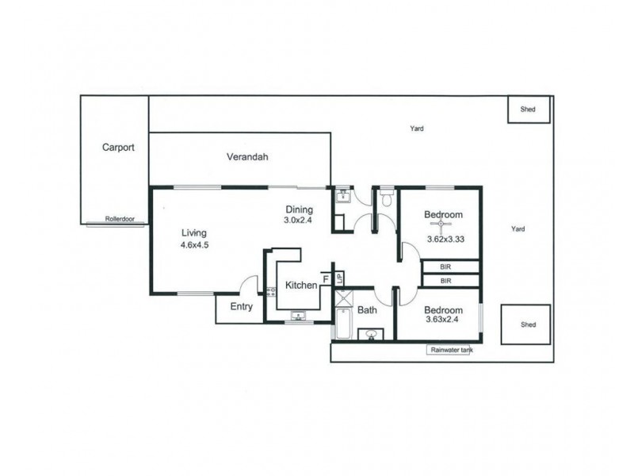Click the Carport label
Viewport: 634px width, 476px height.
(118, 147)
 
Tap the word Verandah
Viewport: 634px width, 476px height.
(247, 157)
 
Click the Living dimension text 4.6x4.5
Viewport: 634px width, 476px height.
(194, 245)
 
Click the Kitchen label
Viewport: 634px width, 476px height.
(301, 285)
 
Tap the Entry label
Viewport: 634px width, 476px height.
(241, 307)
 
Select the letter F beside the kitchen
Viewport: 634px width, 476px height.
(326, 279)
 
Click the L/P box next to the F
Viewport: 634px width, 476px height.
(339, 278)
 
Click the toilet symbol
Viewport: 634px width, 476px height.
(386, 198)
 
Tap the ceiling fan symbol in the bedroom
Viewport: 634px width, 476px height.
(444, 224)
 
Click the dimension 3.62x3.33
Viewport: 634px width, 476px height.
(445, 238)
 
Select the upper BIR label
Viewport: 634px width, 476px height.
(445, 267)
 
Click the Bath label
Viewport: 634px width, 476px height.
(366, 310)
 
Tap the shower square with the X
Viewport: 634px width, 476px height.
(344, 299)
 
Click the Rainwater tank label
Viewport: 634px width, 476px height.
(449, 349)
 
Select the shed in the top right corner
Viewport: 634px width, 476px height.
(529, 109)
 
